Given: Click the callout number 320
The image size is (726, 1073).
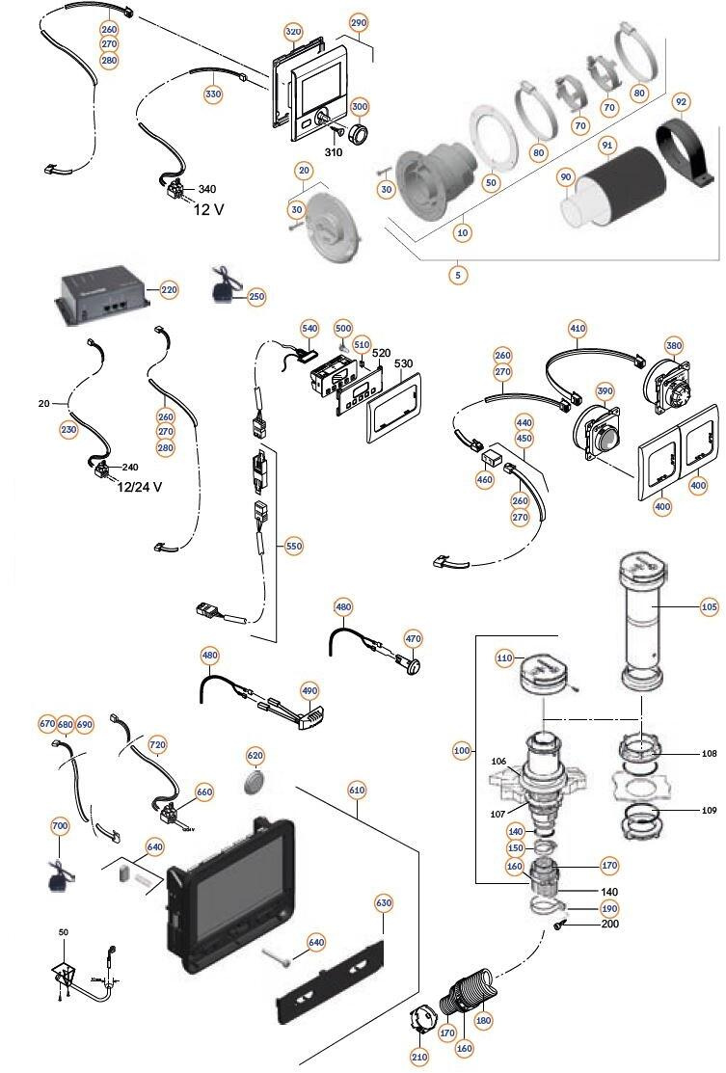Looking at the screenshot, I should [294, 32].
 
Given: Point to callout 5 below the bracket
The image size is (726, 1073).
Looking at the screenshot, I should [457, 275].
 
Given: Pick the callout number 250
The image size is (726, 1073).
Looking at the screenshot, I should [255, 296].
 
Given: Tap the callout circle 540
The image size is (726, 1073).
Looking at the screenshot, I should [309, 328].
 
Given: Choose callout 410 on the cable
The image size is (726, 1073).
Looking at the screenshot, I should [578, 328].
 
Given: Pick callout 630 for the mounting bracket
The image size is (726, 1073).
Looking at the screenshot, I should [384, 903].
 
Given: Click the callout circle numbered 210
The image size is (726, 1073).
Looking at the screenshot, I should [418, 1057].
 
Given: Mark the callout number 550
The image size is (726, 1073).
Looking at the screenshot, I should [294, 546].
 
